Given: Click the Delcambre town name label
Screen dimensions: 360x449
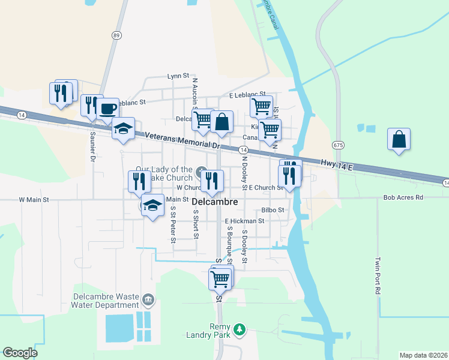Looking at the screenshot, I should coord(215,202).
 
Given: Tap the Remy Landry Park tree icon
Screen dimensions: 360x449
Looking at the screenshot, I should coord(240,329).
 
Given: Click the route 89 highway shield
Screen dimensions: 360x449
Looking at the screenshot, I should coord(116,35).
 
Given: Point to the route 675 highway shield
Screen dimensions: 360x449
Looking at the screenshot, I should coord(339,145).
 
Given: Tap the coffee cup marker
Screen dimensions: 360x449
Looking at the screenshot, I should coord(107,109).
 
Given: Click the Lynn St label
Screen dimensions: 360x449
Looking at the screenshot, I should coord(178,76).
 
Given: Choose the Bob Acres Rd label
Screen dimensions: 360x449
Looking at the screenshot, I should coord(403,197).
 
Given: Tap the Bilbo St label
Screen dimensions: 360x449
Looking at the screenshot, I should coord(272,210).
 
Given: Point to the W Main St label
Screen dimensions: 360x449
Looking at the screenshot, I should coord(34,199).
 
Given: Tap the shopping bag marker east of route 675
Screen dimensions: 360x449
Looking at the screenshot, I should coord(399,140).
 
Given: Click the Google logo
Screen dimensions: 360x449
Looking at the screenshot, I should coord(20,353).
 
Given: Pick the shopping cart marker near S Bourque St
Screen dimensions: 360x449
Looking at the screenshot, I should coord(220,278).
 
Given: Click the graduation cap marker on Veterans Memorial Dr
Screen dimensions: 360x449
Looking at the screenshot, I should coord(123,129).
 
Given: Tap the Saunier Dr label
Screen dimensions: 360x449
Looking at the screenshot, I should coord(92,147).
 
